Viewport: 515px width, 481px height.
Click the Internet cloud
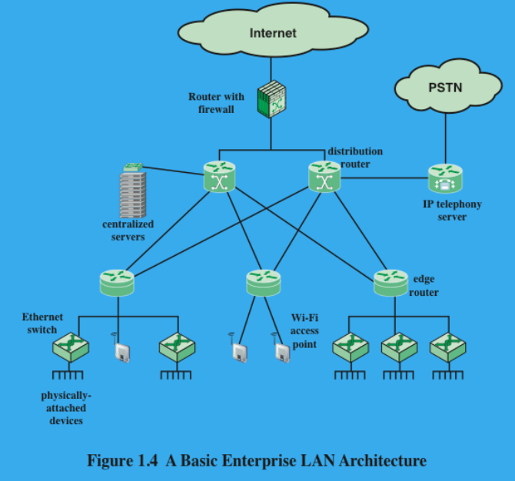coord(272,33)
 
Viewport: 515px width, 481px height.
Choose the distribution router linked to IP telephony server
coord(324,177)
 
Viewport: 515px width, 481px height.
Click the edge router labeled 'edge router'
coord(390,283)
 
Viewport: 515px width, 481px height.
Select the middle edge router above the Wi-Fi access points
coord(263,283)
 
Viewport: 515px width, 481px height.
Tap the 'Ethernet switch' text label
coord(42,323)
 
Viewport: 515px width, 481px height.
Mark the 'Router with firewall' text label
coord(216,103)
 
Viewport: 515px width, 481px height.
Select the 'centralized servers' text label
coord(128,231)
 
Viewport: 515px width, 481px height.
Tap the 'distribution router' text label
coord(354,158)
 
